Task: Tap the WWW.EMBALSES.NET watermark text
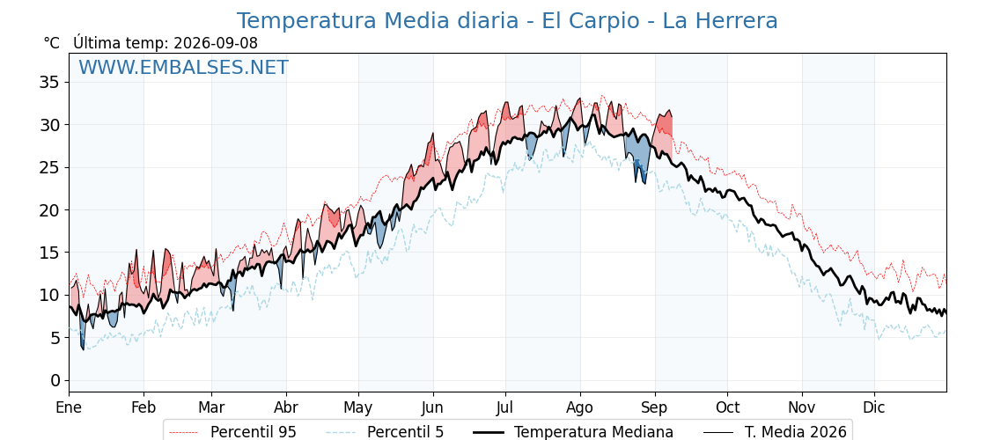click(x=184, y=68)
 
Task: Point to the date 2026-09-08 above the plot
click(x=216, y=43)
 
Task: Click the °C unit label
click(x=52, y=43)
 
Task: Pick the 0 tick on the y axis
click(x=56, y=380)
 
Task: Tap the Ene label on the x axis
click(x=70, y=407)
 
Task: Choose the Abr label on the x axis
click(x=286, y=407)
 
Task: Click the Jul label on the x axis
click(x=505, y=407)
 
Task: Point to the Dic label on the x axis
click(x=874, y=407)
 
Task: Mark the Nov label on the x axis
click(x=802, y=407)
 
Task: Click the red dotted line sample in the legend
click(x=185, y=432)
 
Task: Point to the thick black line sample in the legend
click(x=489, y=432)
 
